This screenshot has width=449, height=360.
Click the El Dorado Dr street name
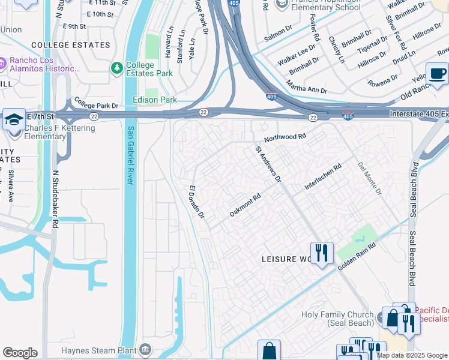click(197, 202)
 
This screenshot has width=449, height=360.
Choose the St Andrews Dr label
click(268, 164)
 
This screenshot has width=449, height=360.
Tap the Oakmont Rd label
click(245, 205)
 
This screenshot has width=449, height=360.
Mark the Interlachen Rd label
click(322, 177)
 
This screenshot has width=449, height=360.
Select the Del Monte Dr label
click(369, 178)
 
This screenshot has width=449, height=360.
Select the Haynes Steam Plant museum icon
click(145, 349)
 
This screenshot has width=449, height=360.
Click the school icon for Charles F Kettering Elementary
click(14, 119)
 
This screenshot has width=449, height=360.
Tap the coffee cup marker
click(437, 73)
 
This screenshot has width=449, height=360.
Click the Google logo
click(20, 353)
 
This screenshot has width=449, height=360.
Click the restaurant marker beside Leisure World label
click(322, 252)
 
